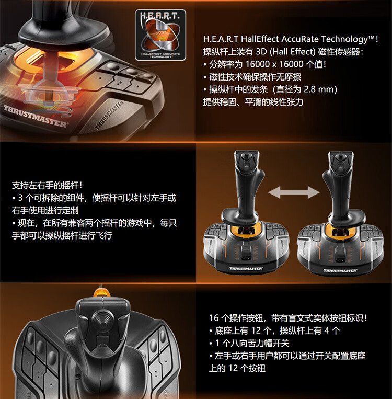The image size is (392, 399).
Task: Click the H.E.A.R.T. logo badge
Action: [160, 35]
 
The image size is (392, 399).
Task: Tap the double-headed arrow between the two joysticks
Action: [294, 192]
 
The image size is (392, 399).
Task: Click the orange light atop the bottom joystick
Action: [102, 293]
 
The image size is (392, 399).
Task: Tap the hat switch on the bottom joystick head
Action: [103, 320]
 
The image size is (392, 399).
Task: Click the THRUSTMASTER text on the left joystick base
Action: [246, 268]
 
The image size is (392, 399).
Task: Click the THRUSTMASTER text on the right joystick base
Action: [340, 270]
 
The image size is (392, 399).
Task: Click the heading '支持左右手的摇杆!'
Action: [48, 185]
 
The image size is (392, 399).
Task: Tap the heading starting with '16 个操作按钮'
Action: [288, 318]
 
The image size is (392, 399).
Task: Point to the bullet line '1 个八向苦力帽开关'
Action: [249, 343]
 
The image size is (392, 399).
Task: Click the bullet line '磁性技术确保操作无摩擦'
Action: [252, 77]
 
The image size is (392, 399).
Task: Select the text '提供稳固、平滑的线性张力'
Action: [253, 102]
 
